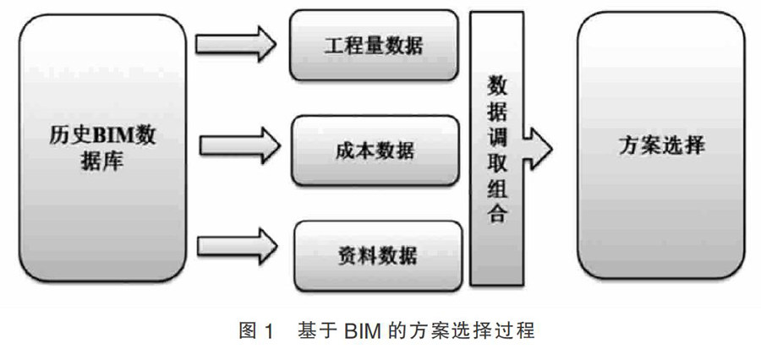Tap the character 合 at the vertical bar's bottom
coord(498,213)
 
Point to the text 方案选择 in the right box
coord(660,146)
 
